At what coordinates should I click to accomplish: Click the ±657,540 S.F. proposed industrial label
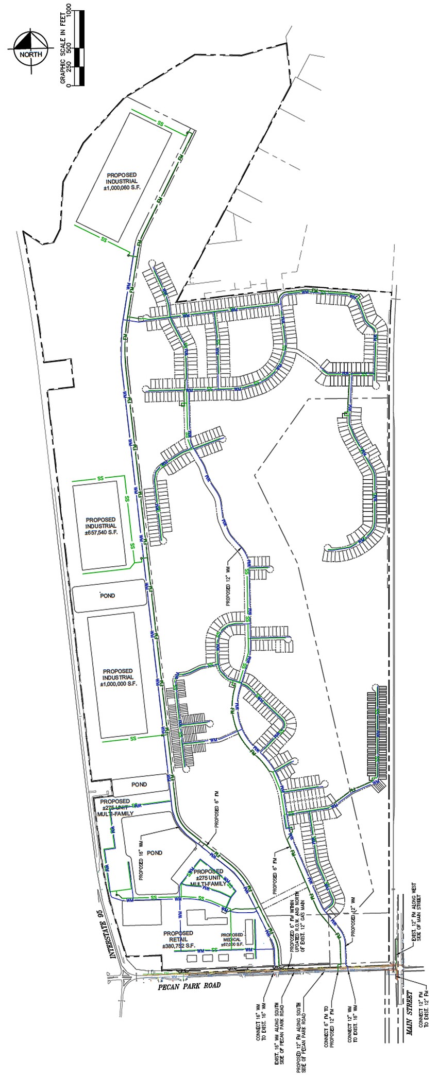pyautogui.click(x=102, y=526)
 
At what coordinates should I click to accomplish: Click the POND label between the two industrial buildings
pyautogui.click(x=108, y=596)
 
